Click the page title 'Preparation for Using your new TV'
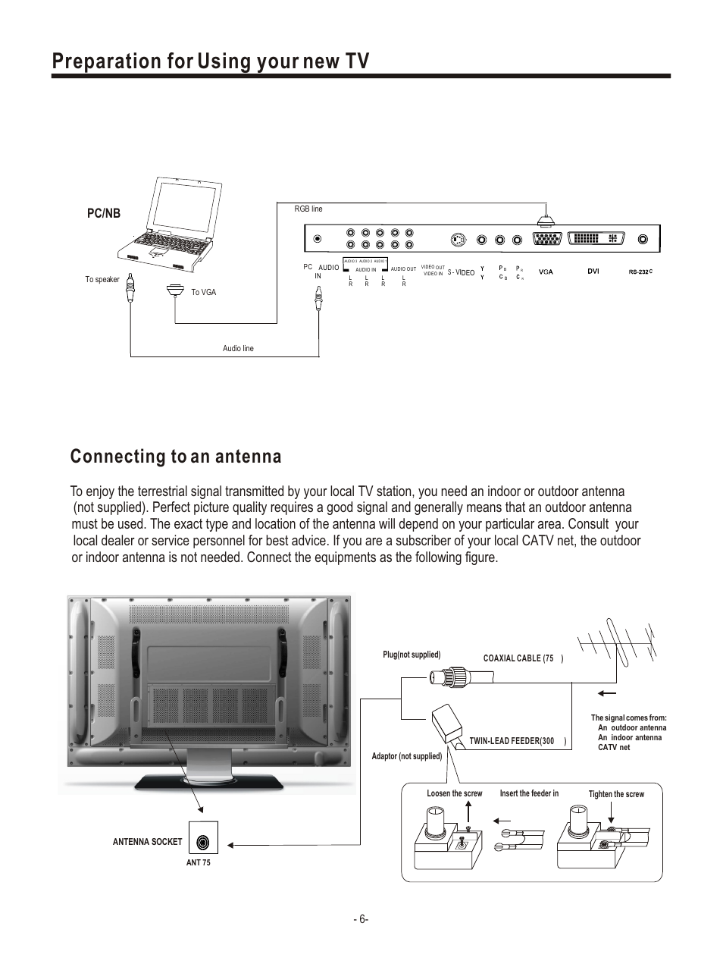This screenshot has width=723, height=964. coord(211,61)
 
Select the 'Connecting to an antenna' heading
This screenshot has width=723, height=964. coord(176,457)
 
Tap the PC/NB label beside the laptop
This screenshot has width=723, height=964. coord(103,214)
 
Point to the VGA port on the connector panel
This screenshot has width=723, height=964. coord(546,240)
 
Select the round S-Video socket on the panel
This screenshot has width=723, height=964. coord(457,240)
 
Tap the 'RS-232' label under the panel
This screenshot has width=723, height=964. coord(640,272)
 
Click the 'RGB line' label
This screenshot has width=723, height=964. coord(308,209)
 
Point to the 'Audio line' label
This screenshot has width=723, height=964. coord(238,348)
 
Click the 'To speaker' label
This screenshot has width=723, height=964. coord(102,280)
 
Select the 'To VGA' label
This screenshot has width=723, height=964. coord(203,292)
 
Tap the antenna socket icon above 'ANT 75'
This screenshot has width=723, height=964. coord(202,842)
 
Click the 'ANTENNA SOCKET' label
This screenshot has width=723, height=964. coord(147,842)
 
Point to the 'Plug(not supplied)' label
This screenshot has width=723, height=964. coord(412,655)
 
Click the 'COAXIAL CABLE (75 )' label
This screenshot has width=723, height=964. coord(523,658)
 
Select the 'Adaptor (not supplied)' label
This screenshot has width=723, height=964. coord(407,756)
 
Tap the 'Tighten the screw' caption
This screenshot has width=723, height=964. coord(616,794)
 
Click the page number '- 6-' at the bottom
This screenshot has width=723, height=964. coord(361,919)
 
